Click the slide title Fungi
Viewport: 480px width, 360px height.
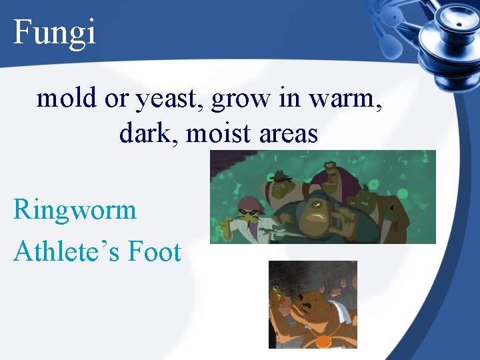[x=55, y=31]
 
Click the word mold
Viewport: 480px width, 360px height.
[x=67, y=99]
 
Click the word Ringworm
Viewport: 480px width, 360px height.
[x=75, y=211]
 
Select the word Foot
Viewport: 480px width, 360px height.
[x=155, y=252]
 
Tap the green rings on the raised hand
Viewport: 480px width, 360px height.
[x=276, y=291]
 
